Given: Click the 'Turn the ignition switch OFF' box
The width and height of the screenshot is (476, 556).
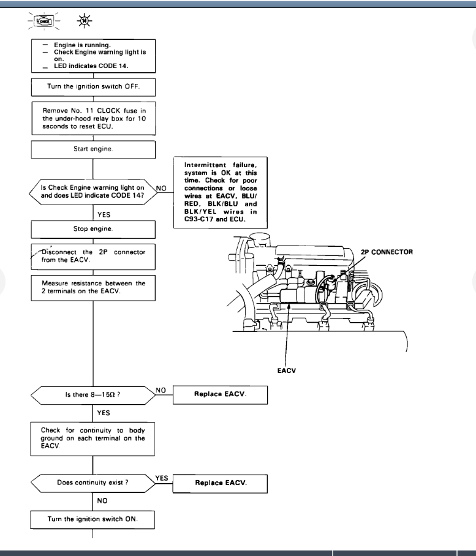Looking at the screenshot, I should click(x=93, y=87).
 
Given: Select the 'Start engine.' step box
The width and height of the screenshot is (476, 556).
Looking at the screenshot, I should click(x=93, y=149).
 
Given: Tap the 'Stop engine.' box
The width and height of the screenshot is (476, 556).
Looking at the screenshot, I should click(x=93, y=229).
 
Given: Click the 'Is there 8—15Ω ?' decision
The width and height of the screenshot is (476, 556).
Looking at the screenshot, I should click(x=93, y=395).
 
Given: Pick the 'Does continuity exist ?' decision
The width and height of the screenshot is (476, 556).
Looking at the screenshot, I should click(x=93, y=483).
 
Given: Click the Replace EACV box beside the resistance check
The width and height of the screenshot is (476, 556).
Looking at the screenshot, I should click(x=221, y=394).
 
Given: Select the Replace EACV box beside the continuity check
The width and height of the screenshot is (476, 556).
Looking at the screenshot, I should click(x=221, y=483).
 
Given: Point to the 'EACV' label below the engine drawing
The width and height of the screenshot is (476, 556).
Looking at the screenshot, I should click(x=287, y=370).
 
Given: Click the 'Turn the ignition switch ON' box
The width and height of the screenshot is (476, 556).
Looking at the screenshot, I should click(x=93, y=519).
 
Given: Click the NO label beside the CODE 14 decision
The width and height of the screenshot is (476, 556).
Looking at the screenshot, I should click(x=161, y=189).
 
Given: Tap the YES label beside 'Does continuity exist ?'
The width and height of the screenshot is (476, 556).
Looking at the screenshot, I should click(x=162, y=478).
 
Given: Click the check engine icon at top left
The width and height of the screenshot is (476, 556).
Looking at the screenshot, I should click(x=43, y=20).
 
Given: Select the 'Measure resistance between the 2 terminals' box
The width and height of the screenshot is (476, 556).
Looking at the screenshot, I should click(x=93, y=287).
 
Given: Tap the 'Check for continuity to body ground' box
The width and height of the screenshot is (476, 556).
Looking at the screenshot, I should click(x=93, y=438).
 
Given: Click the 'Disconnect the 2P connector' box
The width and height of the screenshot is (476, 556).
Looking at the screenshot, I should click(x=93, y=256).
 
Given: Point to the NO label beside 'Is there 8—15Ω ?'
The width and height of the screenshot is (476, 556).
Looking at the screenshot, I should click(x=161, y=390).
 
